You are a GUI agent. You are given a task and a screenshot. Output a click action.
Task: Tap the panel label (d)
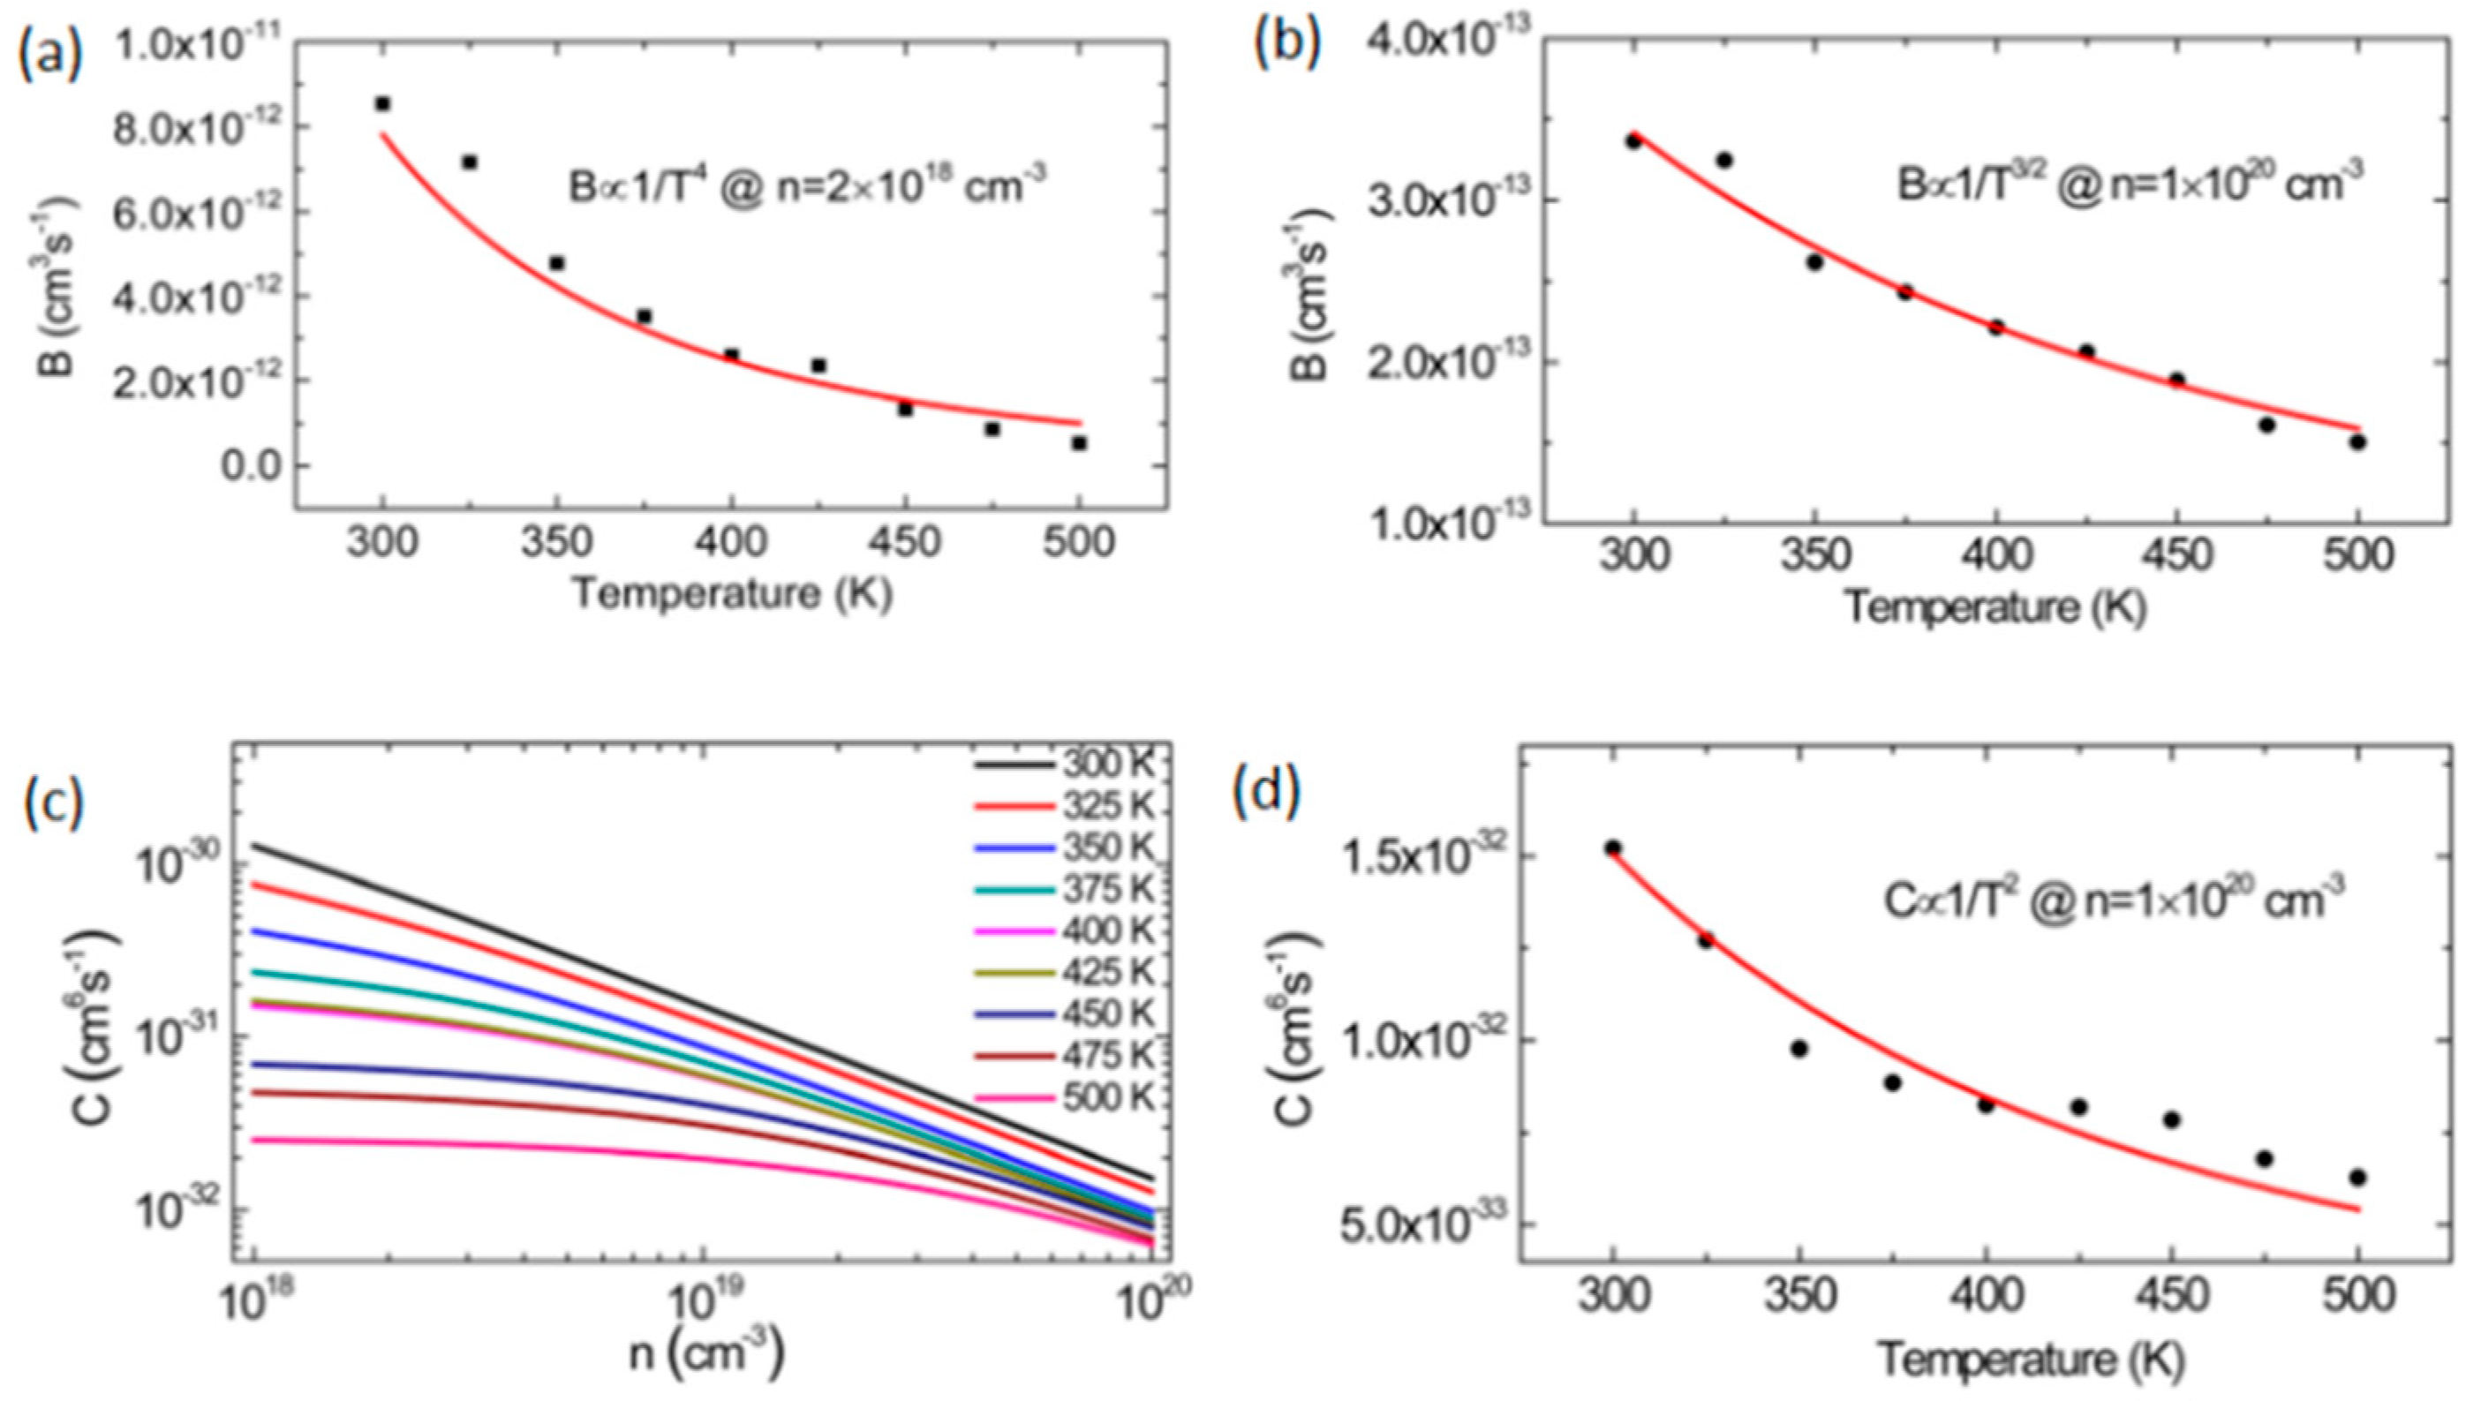[1267, 789]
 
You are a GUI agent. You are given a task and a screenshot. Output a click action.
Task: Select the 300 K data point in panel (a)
[383, 103]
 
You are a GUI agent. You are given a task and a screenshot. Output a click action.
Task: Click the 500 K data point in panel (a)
[1080, 442]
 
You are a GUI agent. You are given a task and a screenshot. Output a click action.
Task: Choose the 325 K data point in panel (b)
[1724, 160]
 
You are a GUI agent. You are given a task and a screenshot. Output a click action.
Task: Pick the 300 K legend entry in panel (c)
[1064, 765]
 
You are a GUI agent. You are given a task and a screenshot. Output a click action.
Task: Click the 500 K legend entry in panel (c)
[1064, 1098]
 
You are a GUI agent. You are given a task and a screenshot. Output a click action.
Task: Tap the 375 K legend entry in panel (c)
[1064, 890]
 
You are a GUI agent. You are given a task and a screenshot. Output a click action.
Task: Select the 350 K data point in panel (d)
[1799, 1049]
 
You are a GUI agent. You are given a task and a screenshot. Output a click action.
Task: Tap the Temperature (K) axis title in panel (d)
[2031, 1359]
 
